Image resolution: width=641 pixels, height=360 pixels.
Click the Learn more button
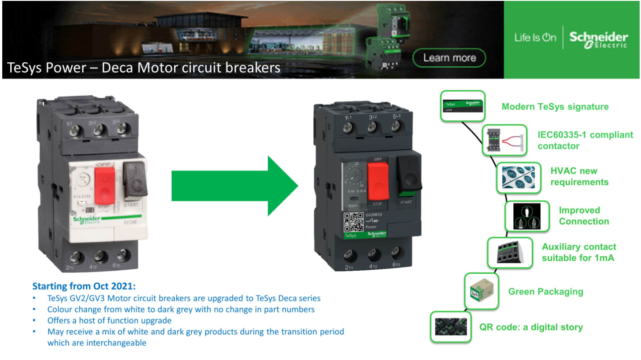coord(449,58)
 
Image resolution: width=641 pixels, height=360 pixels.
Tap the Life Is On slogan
coord(535,37)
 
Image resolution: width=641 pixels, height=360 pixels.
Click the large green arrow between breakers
coord(235,186)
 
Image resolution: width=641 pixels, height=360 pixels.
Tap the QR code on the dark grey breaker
coord(353,222)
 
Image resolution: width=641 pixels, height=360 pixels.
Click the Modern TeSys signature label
coord(555,107)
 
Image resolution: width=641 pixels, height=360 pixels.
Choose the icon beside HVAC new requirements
coord(518,177)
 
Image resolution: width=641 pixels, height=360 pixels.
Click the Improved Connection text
coord(584,216)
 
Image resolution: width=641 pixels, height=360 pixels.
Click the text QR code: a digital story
coord(531,327)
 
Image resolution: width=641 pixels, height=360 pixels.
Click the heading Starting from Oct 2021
coord(84,286)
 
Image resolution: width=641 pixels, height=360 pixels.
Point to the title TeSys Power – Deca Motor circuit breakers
coord(144,68)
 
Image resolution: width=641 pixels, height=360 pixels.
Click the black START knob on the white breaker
coord(135,180)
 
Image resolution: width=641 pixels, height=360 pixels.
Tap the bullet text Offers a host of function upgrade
coord(109,320)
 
